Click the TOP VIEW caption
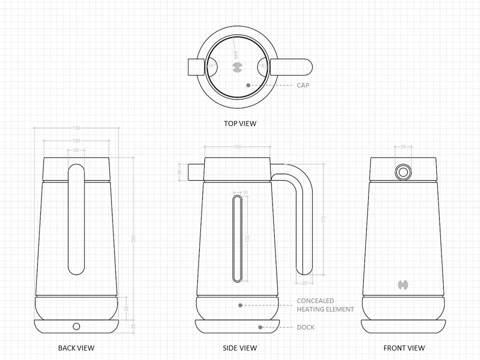[240, 123]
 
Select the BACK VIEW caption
[76, 348]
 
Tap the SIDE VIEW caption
[240, 348]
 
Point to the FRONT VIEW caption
[404, 348]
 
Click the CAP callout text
[303, 85]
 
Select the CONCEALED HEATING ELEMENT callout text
[325, 305]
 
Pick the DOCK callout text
[305, 327]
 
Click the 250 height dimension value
[133, 238]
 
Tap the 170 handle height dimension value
[323, 219]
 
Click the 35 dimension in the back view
[126, 308]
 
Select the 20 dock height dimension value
[133, 326]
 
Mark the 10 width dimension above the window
[245, 192]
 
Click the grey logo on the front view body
[403, 285]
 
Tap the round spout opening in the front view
[403, 172]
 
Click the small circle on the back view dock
[76, 326]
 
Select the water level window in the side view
[237, 238]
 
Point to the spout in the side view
[195, 172]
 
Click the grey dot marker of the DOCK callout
[260, 327]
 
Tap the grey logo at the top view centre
[237, 67]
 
